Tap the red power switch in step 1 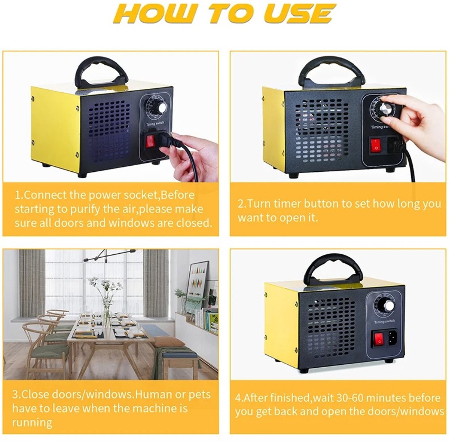click(x=150, y=142)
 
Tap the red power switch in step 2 click(x=375, y=145)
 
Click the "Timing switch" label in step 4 click(x=385, y=322)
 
